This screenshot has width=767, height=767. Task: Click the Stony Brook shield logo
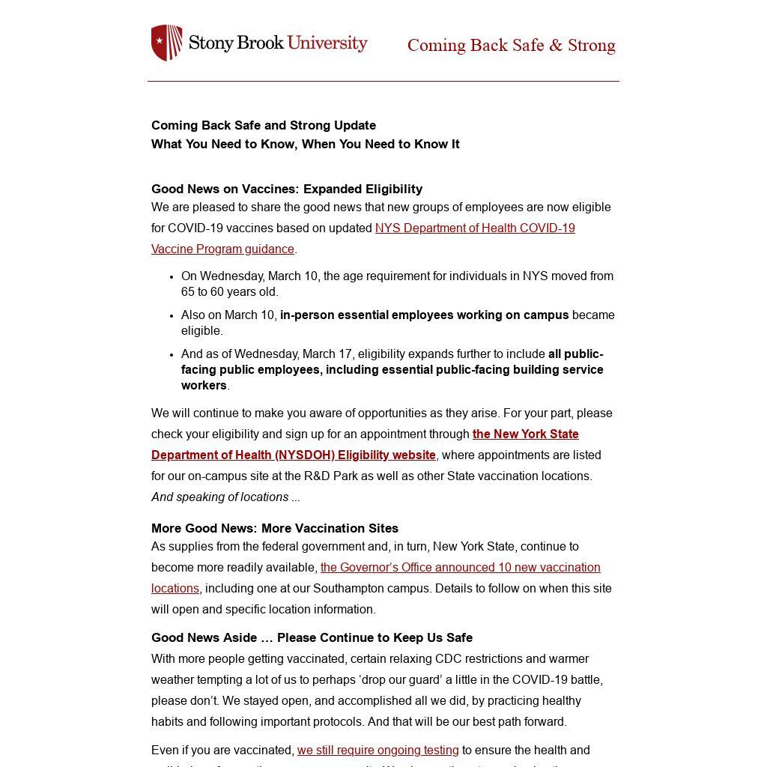[166, 43]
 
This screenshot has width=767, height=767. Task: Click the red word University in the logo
[327, 43]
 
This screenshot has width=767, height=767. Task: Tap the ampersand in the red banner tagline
[555, 46]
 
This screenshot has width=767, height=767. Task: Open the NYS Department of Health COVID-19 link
[475, 228]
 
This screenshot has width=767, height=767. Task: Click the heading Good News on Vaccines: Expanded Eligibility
[287, 190]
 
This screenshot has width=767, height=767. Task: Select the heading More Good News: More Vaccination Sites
[275, 529]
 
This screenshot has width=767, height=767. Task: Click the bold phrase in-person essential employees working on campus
[424, 315]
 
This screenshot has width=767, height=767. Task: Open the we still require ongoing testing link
[378, 751]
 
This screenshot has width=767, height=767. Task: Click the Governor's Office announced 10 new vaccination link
[460, 568]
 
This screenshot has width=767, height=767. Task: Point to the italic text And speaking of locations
[219, 497]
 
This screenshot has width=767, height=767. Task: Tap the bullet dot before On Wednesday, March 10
[172, 277]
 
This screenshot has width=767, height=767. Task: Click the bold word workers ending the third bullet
[204, 386]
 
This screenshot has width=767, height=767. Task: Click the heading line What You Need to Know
[305, 145]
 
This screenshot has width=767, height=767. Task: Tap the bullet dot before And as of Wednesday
[172, 355]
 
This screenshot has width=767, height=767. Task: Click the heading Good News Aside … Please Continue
[312, 638]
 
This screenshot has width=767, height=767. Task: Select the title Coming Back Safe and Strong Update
[264, 126]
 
